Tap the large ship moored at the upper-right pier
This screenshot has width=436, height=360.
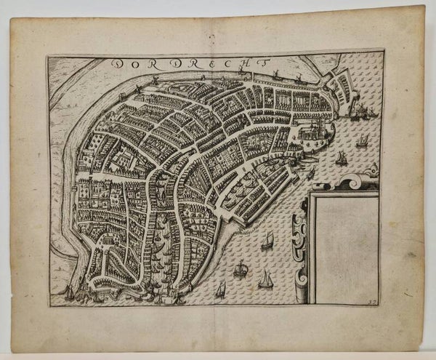click(x=355, y=109)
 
